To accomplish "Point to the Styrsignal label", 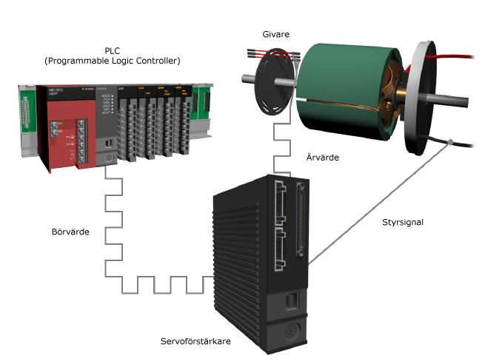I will (401, 220).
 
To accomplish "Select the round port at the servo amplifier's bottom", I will (289, 331).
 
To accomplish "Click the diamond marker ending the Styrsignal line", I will (450, 141).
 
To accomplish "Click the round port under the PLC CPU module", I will (109, 158).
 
